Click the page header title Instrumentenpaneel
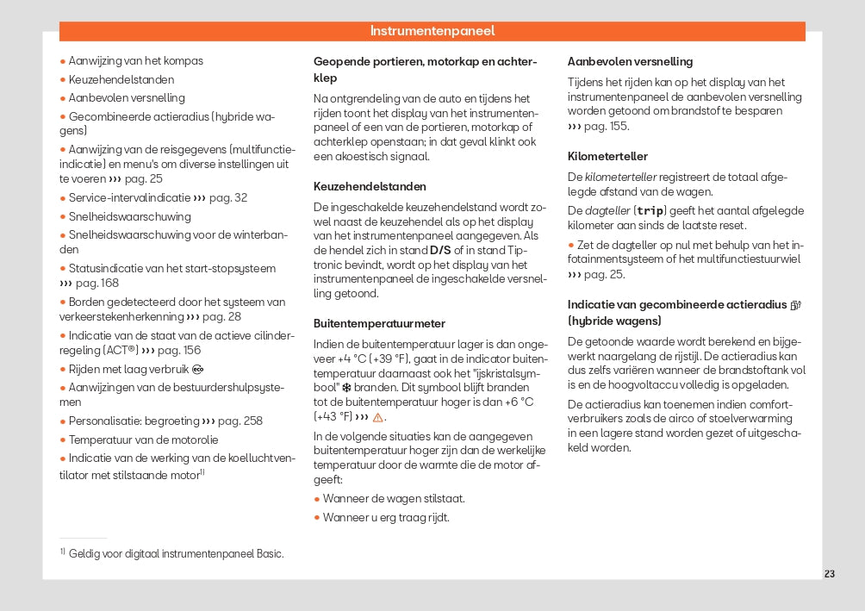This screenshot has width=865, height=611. pos(432,31)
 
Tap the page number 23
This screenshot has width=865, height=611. pos(829,574)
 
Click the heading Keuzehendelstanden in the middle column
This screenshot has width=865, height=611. pos(370,186)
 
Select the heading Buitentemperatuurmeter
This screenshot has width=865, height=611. pos(379,323)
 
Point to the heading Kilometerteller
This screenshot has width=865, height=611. pos(607,156)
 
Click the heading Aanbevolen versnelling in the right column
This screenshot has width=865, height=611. pos(630,61)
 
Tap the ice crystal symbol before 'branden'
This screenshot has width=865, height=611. pos(346,388)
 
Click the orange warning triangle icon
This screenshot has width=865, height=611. pos(377,417)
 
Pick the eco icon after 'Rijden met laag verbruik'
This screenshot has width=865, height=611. pos(197,370)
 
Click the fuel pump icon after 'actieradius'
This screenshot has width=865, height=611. pos(795,304)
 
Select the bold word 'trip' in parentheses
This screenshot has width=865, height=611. pos(650,210)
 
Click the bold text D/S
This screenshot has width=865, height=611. pos(440,250)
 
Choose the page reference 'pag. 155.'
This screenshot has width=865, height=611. pos(608,126)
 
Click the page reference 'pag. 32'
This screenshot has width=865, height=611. pos(228,197)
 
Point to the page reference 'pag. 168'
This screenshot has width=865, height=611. pos(96,283)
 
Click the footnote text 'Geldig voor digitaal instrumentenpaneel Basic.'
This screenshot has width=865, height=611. pos(176,553)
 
